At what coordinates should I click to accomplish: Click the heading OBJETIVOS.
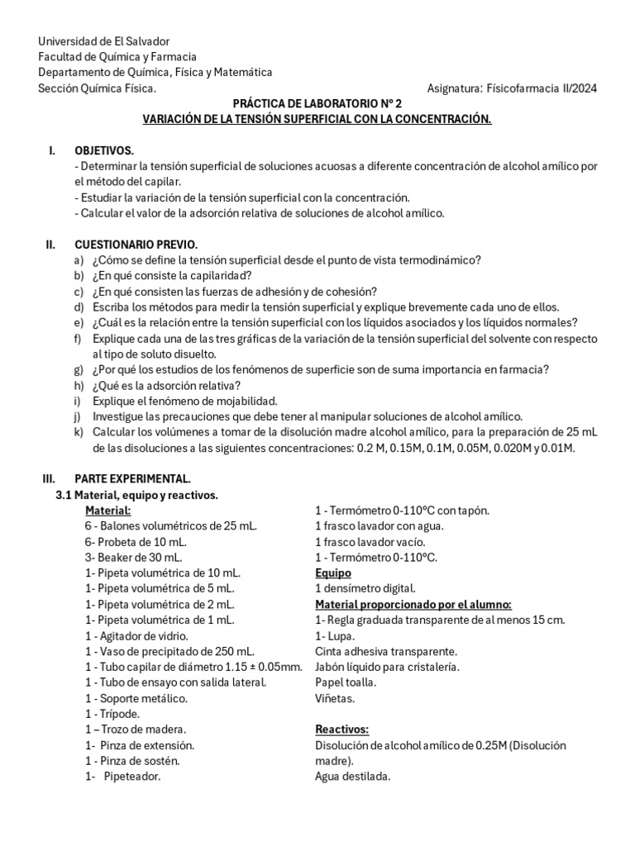[104, 150]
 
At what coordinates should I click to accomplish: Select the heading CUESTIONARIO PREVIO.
[136, 245]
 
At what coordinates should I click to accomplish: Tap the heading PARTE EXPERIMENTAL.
[133, 479]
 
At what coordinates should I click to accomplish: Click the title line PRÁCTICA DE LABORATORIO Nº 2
[317, 104]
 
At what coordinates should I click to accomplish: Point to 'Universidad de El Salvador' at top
[103, 41]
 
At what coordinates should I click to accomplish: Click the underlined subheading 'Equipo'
[333, 573]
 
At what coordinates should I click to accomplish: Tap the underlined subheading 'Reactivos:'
[341, 730]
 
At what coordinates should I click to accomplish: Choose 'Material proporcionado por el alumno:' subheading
[413, 604]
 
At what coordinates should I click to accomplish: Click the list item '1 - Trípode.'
[112, 714]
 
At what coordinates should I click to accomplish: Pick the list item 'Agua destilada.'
[352, 777]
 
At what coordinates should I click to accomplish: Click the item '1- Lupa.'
[335, 636]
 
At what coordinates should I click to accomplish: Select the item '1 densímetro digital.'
[365, 588]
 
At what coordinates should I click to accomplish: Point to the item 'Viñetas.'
[336, 698]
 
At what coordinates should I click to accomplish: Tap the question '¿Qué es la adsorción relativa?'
[167, 386]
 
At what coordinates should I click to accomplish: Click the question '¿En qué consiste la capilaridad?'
[172, 276]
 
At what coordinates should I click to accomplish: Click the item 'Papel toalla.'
[346, 682]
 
